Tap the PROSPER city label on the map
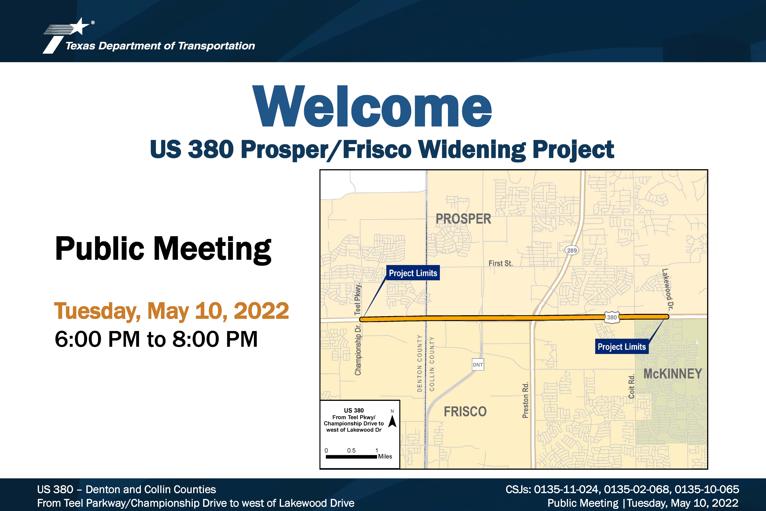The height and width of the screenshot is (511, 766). click(463, 219)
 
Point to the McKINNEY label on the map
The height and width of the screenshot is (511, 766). click(673, 374)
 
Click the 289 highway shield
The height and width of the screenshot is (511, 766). click(572, 250)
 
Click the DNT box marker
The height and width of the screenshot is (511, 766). click(478, 365)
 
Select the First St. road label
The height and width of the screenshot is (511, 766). click(501, 263)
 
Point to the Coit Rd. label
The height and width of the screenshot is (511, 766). click(632, 387)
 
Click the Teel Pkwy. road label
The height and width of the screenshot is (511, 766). click(358, 299)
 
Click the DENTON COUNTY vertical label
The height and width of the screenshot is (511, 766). click(419, 363)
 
